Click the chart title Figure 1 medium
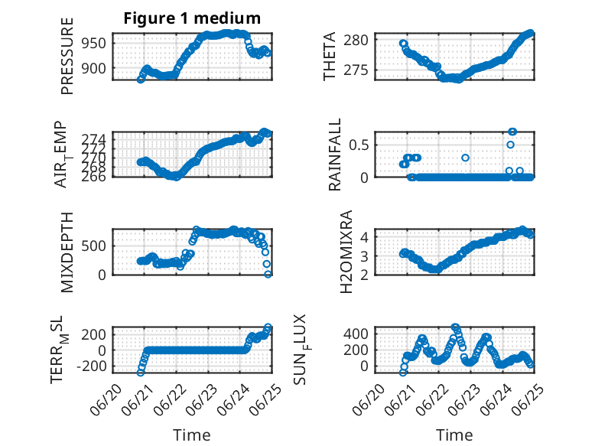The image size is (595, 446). click(x=192, y=18)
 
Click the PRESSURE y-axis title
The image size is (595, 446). click(x=67, y=56)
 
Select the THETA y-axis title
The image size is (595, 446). click(x=330, y=56)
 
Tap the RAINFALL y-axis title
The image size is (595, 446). click(x=335, y=155)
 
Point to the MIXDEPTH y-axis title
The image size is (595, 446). click(x=67, y=252)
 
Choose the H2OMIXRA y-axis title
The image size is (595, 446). click(x=346, y=252)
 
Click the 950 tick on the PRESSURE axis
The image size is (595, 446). click(x=94, y=44)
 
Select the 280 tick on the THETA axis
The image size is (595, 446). click(x=356, y=40)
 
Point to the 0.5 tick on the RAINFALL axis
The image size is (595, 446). click(x=359, y=145)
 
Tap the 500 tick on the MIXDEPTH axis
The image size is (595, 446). click(x=94, y=246)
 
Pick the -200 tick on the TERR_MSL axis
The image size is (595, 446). click(x=92, y=366)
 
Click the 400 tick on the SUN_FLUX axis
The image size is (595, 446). click(x=356, y=334)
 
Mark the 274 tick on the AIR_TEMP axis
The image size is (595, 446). click(x=94, y=139)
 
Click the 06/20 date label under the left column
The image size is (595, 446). click(x=106, y=400)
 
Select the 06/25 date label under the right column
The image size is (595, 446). click(x=528, y=400)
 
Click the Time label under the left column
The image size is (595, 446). click(x=192, y=435)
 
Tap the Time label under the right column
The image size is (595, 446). click(x=454, y=435)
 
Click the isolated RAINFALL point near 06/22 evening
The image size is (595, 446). click(x=465, y=158)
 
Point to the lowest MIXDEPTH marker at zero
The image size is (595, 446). click(x=268, y=274)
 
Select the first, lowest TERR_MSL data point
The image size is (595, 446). click(x=141, y=373)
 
